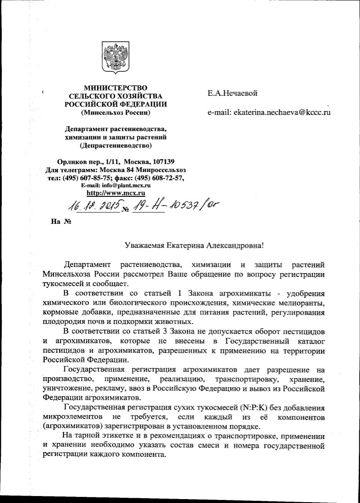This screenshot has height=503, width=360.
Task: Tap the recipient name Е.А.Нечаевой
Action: coord(233,93)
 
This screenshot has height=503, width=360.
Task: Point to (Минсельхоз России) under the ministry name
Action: coord(116,113)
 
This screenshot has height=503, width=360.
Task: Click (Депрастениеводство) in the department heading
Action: coord(116,145)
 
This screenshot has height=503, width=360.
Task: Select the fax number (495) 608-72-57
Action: coord(161,178)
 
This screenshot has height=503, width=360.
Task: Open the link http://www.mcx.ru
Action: coord(116,192)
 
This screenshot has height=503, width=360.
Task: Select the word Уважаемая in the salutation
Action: coord(144,245)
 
